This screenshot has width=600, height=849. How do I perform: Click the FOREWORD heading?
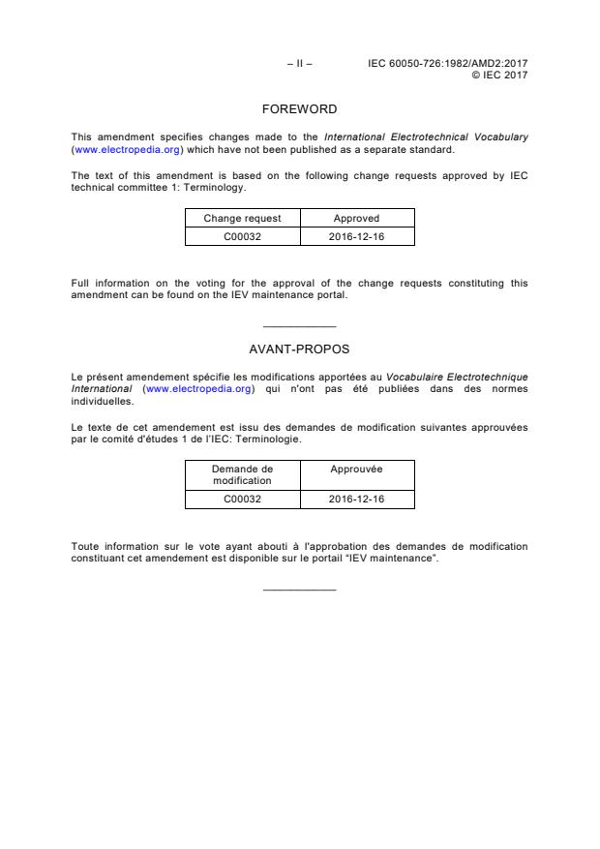click(x=299, y=109)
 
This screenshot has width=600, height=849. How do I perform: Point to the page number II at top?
click(x=299, y=64)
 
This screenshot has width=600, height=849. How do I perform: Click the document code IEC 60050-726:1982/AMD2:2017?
click(x=447, y=64)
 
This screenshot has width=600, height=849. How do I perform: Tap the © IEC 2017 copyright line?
click(x=498, y=75)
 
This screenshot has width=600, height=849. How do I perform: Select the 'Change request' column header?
click(x=242, y=219)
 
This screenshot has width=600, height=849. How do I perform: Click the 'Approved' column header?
click(x=356, y=219)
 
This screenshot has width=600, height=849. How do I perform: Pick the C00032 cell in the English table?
click(x=242, y=236)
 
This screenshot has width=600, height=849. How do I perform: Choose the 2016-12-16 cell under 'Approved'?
click(x=356, y=236)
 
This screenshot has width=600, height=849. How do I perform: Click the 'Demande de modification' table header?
click(x=242, y=474)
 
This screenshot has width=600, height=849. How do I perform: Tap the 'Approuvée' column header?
click(x=356, y=470)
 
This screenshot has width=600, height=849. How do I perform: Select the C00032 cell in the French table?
click(x=242, y=500)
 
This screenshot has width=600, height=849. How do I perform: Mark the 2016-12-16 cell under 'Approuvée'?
click(x=356, y=500)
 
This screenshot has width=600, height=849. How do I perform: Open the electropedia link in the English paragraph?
click(x=127, y=150)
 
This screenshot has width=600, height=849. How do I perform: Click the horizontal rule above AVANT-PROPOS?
click(x=299, y=326)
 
